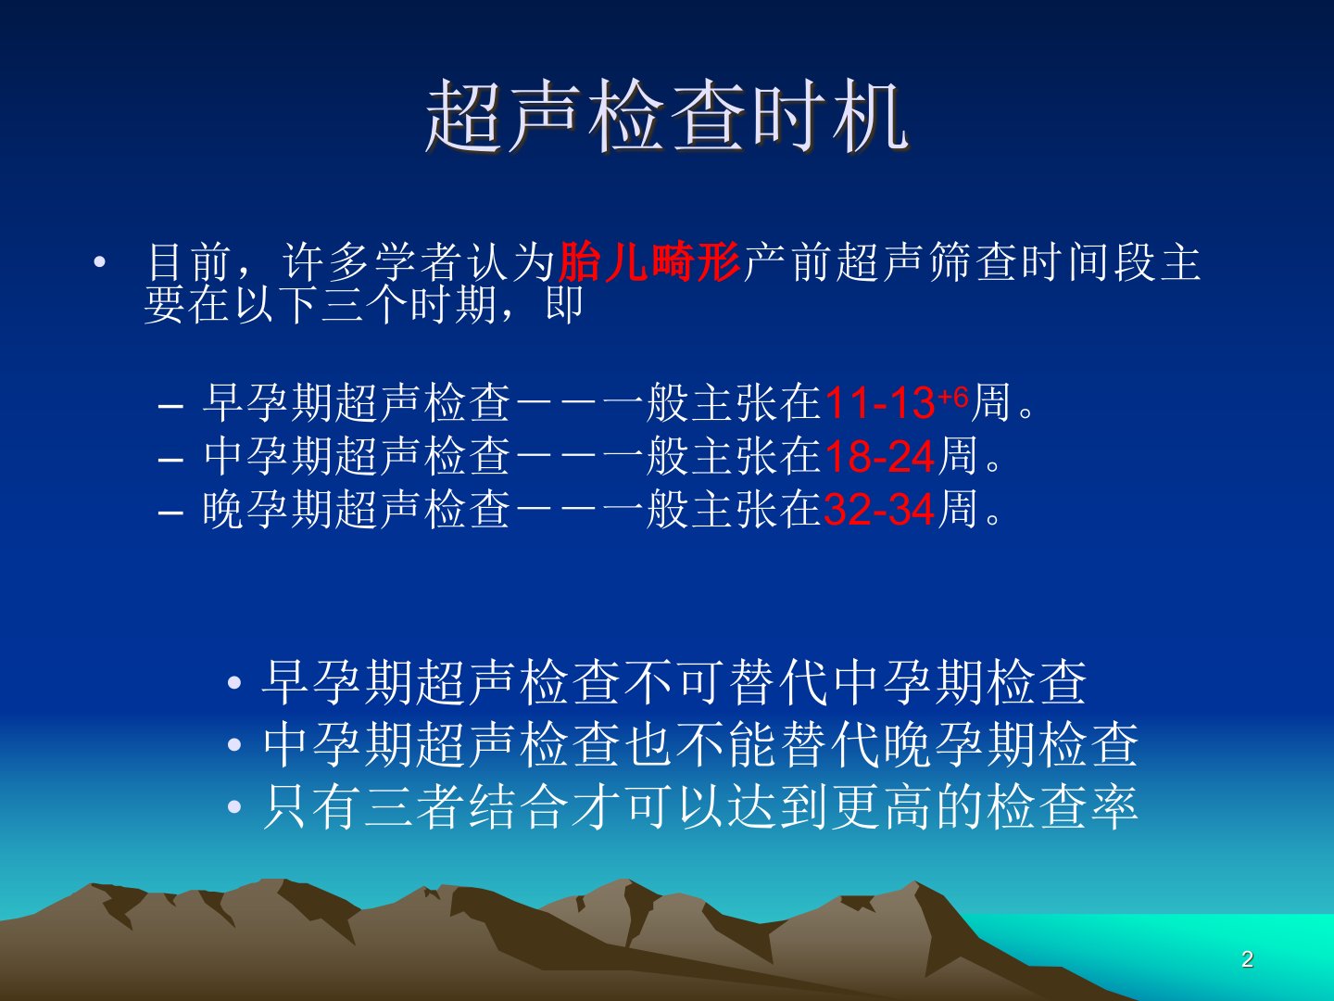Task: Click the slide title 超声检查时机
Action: [x=667, y=116]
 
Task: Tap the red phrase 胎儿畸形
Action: [x=648, y=262]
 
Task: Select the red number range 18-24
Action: [x=879, y=456]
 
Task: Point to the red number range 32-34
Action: [x=879, y=510]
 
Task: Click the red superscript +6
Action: [x=953, y=397]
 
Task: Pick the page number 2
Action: [x=1248, y=959]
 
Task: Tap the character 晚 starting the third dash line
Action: [x=223, y=510]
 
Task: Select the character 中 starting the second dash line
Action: [x=224, y=456]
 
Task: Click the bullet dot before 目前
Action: [x=100, y=262]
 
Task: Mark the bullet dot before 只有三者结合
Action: [x=234, y=806]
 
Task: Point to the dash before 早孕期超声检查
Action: [x=170, y=406]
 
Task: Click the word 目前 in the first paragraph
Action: [x=189, y=262]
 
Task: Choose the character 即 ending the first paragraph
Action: [x=564, y=304]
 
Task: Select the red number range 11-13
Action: [x=880, y=403]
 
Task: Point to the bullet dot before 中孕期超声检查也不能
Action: [x=234, y=744]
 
